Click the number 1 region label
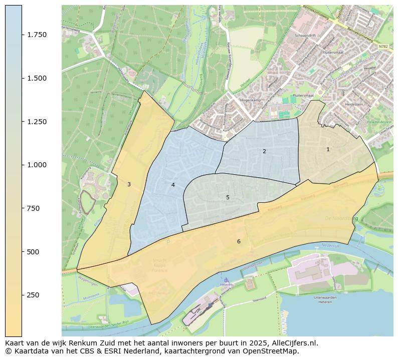pyautogui.click(x=328, y=149)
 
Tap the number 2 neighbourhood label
pyautogui.click(x=264, y=151)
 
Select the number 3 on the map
pyautogui.click(x=129, y=184)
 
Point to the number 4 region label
pyautogui.click(x=173, y=185)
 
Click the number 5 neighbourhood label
pyautogui.click(x=228, y=197)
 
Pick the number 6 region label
pyautogui.click(x=239, y=241)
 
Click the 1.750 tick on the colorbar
pyautogui.click(x=37, y=35)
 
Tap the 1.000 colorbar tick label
pyautogui.click(x=37, y=165)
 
